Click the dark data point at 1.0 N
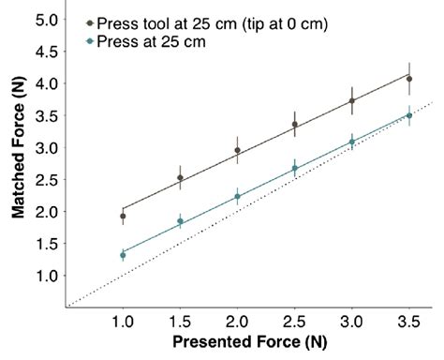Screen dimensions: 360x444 tap(123, 216)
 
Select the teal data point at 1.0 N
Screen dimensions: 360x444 tap(123, 255)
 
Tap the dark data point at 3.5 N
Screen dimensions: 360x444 tap(408, 79)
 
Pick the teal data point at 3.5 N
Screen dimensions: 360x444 tap(408, 115)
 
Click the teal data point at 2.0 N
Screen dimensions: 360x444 tap(237, 197)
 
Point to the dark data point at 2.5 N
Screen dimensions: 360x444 tap(294, 124)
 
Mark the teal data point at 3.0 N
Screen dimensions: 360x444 tap(351, 142)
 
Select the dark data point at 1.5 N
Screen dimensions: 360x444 tap(180, 177)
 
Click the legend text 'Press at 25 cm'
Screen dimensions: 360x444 tap(148, 41)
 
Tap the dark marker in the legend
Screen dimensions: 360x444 tap(90, 22)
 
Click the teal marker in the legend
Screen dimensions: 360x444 tap(90, 41)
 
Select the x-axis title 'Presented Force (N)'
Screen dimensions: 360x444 tap(248, 344)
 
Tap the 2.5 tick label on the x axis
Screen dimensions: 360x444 tap(294, 321)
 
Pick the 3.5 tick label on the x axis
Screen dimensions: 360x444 tap(408, 321)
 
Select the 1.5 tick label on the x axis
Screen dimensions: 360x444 tap(180, 321)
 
